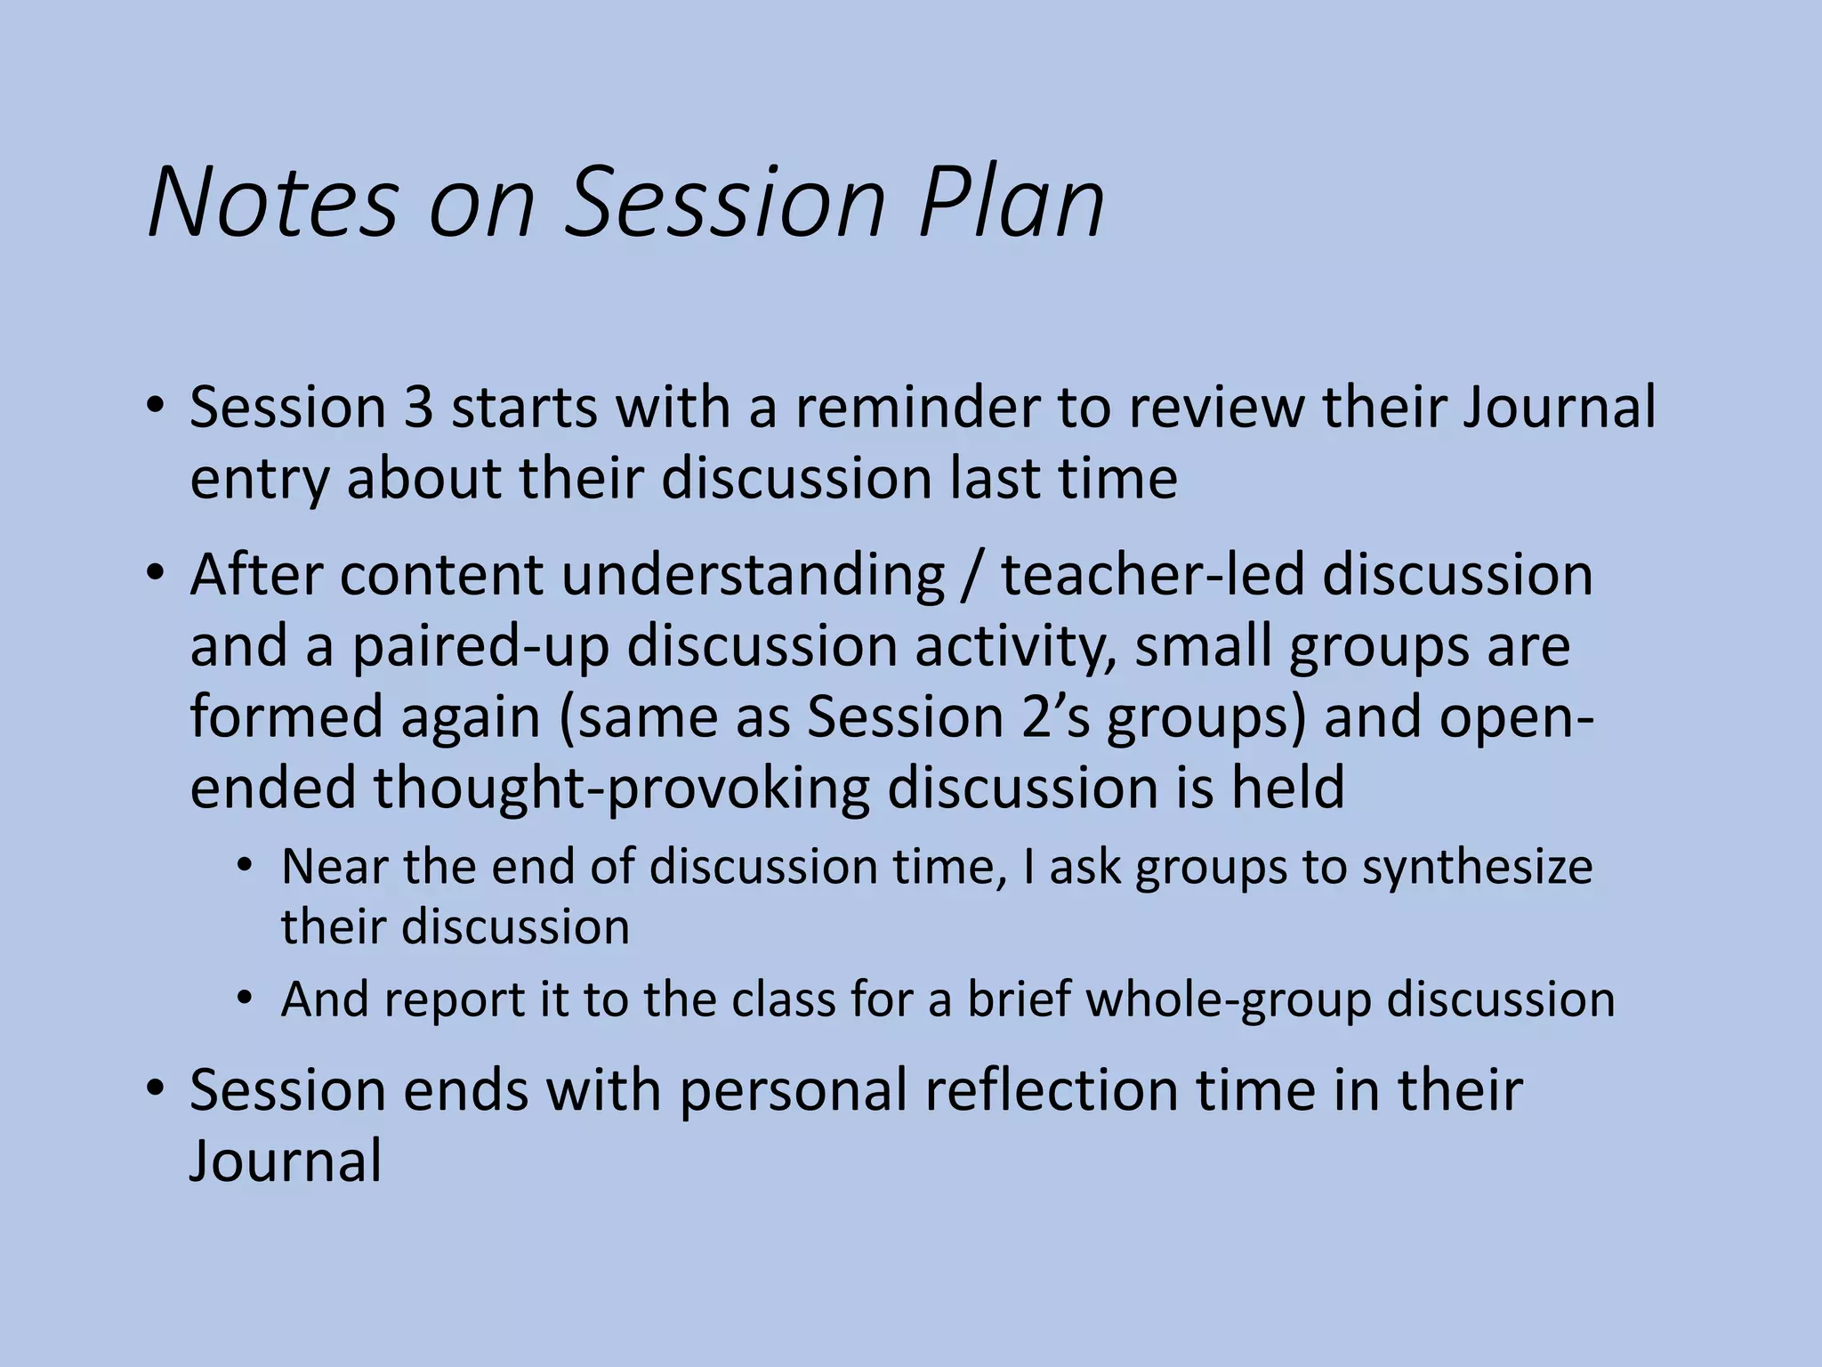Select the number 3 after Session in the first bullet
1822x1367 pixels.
point(418,408)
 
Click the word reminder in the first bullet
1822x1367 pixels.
point(916,408)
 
